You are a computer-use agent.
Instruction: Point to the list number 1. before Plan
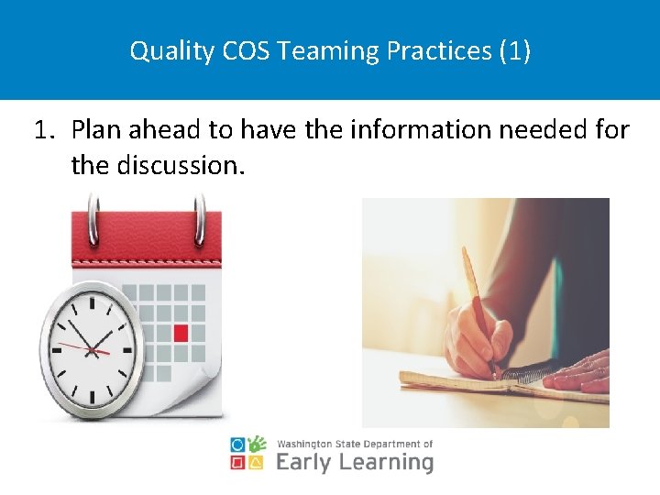point(46,130)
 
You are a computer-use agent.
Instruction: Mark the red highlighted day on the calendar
point(181,333)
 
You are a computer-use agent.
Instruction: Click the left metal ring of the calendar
point(92,219)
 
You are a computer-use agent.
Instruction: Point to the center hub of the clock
point(92,348)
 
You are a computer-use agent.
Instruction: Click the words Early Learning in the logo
point(354,461)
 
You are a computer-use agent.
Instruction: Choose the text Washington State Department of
point(354,443)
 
